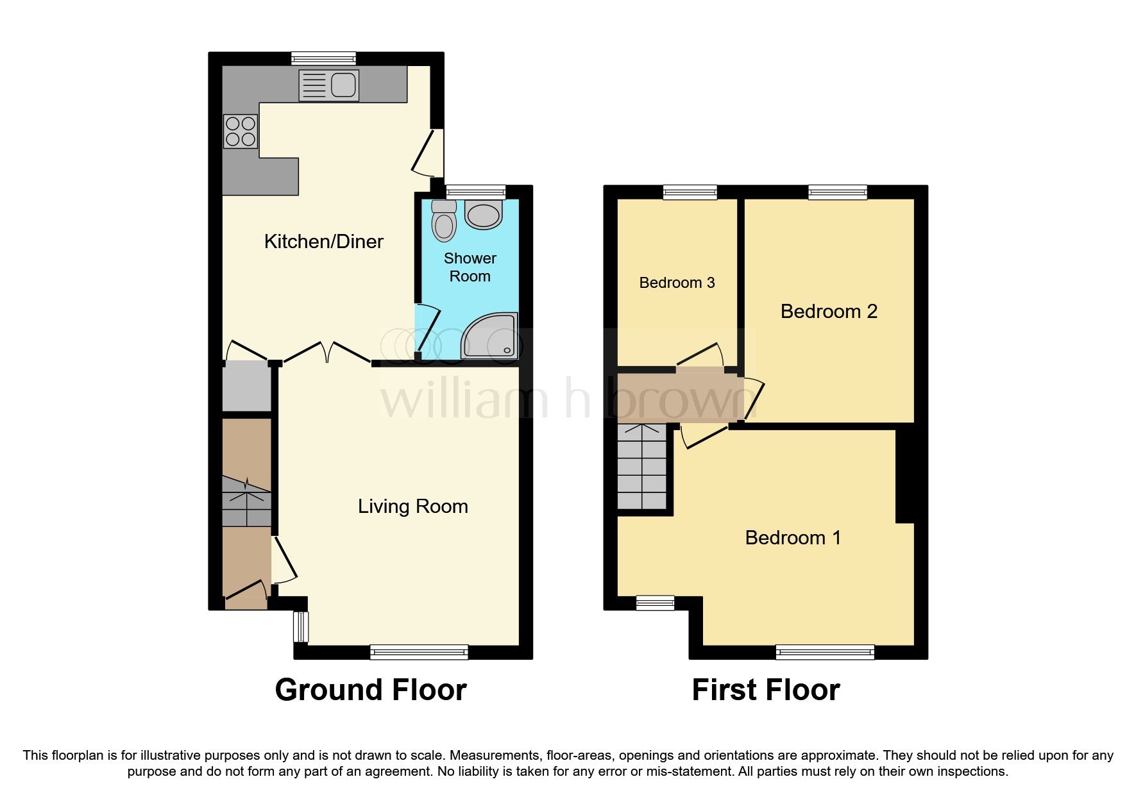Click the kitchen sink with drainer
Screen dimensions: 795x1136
[x=328, y=85]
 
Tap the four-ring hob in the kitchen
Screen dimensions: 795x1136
[x=241, y=131]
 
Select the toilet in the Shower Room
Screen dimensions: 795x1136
[x=443, y=221]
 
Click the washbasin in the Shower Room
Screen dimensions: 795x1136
[x=484, y=215]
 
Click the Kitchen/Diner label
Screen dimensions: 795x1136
[x=323, y=242]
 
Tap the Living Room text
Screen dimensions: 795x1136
[x=412, y=506]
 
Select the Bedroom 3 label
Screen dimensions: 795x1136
[x=677, y=283]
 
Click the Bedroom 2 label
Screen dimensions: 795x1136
[x=828, y=312]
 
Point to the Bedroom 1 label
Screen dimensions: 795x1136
[x=792, y=537]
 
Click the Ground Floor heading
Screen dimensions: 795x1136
[x=370, y=690]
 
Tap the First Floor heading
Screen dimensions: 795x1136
[x=765, y=690]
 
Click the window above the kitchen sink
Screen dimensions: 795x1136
[x=323, y=58]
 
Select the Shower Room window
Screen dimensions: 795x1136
[x=475, y=191]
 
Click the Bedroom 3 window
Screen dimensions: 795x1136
[x=690, y=191]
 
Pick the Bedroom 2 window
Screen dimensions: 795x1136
[x=837, y=191]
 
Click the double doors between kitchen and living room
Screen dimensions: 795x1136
[x=327, y=353]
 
